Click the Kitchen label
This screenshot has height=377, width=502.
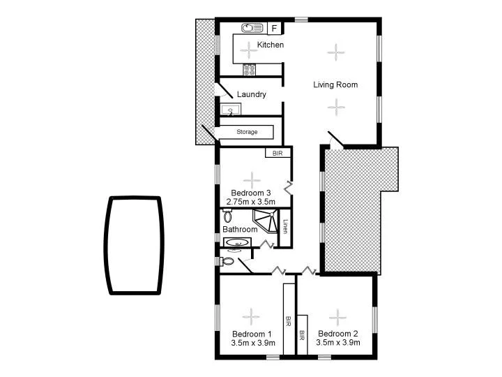click(271, 45)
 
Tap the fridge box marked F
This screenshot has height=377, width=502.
click(274, 28)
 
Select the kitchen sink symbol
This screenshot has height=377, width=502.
click(251, 28)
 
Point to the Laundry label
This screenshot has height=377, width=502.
click(252, 94)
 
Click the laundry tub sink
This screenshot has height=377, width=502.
click(231, 110)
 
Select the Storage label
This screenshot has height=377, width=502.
click(247, 132)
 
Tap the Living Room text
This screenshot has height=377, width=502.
click(335, 85)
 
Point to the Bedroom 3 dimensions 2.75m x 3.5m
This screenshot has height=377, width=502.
click(251, 202)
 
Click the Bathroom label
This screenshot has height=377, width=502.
click(240, 229)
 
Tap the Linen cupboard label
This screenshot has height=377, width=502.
click(285, 227)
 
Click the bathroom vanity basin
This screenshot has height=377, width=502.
click(238, 243)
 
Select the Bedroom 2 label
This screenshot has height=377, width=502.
click(337, 333)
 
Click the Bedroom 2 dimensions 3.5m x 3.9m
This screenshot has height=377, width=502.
click(337, 343)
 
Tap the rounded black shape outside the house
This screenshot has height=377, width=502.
click(135, 245)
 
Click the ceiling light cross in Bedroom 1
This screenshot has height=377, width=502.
click(252, 313)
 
